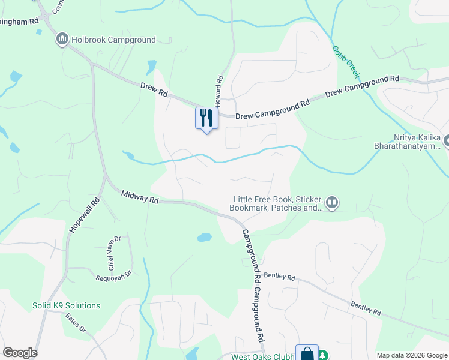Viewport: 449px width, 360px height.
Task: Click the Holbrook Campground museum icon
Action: tap(62, 40)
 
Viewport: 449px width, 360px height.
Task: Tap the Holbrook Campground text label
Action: tap(113, 40)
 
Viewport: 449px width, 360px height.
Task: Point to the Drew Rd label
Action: tap(154, 90)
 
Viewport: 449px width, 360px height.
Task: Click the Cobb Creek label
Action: tap(346, 62)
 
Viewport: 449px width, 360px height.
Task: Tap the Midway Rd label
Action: tap(139, 196)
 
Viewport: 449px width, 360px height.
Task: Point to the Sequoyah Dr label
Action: tap(113, 278)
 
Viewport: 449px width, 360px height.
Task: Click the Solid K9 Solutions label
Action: tap(66, 305)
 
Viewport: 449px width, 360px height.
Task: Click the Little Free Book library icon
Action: tap(332, 203)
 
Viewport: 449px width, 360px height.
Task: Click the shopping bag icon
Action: tap(307, 353)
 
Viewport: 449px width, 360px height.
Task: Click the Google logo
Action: tap(20, 353)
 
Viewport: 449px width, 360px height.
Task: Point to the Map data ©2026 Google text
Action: tap(411, 355)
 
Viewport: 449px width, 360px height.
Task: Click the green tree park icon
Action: tap(324, 355)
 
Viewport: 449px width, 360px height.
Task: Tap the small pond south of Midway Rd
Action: tap(204, 237)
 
